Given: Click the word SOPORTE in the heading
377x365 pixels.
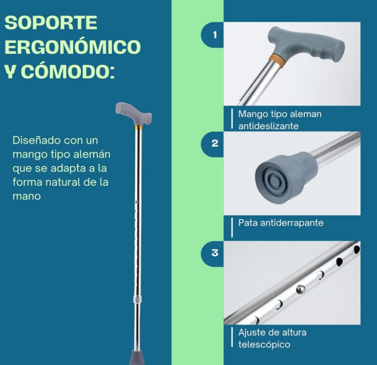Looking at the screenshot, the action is [51, 23].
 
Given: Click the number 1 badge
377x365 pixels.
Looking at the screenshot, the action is [215, 35].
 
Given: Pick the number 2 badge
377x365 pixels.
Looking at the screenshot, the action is [215, 144].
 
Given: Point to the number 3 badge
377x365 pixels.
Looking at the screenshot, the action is [215, 253].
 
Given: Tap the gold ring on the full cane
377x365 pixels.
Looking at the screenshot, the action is [138, 127].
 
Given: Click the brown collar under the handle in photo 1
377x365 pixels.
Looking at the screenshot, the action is [278, 60].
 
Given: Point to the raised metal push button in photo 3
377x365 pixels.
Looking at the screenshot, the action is [300, 290].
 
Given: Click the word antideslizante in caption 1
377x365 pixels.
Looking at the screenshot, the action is [268, 126].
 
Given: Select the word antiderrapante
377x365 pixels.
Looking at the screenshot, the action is [292, 223].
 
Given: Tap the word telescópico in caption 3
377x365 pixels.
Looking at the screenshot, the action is [264, 345].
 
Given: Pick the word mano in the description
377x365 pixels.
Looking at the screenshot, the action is [26, 196].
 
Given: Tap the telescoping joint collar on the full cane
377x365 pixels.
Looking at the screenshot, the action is [137, 299].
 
